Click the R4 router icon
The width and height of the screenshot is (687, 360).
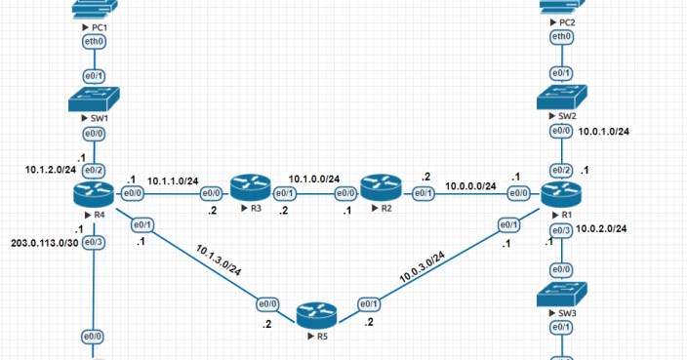pos(95,193)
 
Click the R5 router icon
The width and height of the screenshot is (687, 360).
pos(315,314)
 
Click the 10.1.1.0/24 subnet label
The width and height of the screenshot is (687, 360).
pos(173,181)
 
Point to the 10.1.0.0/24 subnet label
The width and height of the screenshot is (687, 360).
pos(314,180)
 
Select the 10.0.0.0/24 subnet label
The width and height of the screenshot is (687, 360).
pos(470,186)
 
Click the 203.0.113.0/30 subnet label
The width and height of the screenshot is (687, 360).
pos(41,242)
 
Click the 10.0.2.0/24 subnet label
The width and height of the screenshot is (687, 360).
pos(601,228)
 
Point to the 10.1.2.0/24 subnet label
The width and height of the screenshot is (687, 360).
pos(52,170)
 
